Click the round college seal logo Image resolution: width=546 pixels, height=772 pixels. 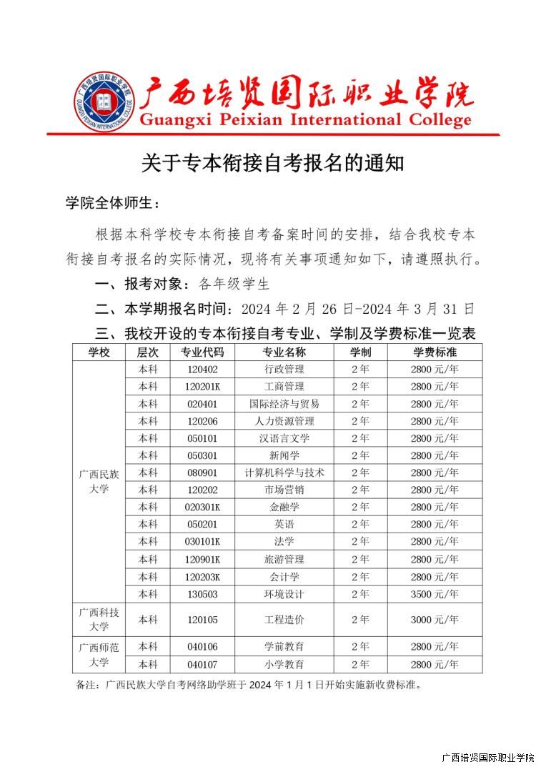pyautogui.click(x=104, y=102)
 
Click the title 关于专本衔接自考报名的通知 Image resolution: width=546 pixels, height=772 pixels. pyautogui.click(x=272, y=163)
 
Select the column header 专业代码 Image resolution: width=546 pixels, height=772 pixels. pyautogui.click(x=202, y=352)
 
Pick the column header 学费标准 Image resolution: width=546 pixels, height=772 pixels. pyautogui.click(x=435, y=352)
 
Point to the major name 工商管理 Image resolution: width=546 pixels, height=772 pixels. pyautogui.click(x=284, y=387)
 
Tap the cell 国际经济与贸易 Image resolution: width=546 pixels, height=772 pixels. pyautogui.click(x=284, y=404)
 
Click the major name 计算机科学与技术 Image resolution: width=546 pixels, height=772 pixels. pyautogui.click(x=284, y=472)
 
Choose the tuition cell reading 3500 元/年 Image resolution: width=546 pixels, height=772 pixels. pyautogui.click(x=435, y=594)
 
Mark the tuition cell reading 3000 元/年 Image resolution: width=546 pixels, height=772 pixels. pyautogui.click(x=435, y=620)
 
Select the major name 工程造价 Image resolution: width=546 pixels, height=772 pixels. pyautogui.click(x=284, y=620)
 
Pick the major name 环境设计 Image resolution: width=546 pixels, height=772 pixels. pyautogui.click(x=284, y=594)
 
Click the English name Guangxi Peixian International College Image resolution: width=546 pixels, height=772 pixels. pyautogui.click(x=305, y=119)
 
